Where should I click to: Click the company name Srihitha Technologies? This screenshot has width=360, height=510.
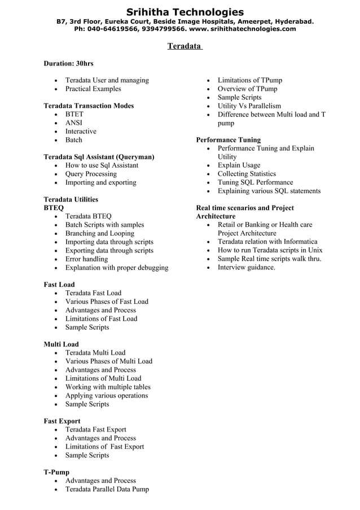(x=185, y=12)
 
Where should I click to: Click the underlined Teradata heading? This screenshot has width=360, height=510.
(x=185, y=46)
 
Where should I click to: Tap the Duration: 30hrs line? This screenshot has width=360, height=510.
(x=68, y=63)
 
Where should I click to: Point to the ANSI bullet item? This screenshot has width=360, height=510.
(x=74, y=123)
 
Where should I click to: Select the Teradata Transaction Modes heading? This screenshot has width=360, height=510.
(x=89, y=106)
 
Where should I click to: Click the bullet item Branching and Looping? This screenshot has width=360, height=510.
(x=99, y=233)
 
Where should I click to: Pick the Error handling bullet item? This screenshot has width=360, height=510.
(x=86, y=259)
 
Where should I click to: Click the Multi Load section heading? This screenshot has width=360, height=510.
(x=61, y=344)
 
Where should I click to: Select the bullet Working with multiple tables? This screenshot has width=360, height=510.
(x=108, y=387)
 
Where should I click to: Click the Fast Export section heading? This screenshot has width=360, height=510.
(x=62, y=421)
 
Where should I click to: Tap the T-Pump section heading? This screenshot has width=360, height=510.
(x=56, y=472)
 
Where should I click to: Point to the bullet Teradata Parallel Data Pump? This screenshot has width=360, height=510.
(x=107, y=489)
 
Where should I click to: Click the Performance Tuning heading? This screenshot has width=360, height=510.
(x=228, y=140)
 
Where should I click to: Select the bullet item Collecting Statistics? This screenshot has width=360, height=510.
(x=247, y=174)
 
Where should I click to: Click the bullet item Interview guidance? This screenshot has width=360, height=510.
(x=247, y=267)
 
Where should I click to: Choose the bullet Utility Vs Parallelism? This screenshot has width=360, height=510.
(x=249, y=106)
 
